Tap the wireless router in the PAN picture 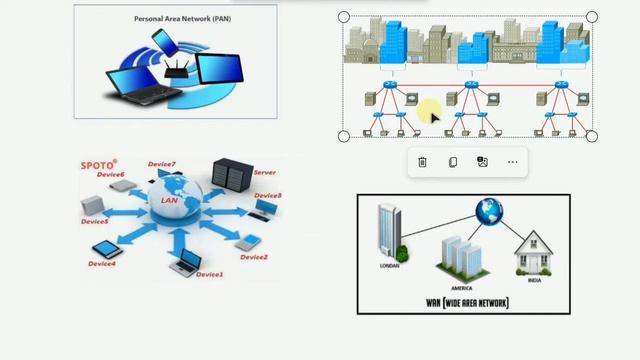coord(179,67)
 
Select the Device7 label coord(161,164)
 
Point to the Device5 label coord(94,222)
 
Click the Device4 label coord(101,264)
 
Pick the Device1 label coord(210,274)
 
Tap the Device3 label coord(267,196)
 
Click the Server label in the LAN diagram coord(264,172)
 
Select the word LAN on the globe coord(168,200)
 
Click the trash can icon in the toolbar coord(422,162)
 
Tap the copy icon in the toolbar coord(452,162)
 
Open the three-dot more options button coord(513,162)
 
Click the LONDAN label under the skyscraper coord(389,266)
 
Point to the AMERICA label coord(461,288)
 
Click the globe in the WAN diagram coord(489,210)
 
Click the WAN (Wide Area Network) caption coord(467,302)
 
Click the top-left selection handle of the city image coord(344,17)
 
